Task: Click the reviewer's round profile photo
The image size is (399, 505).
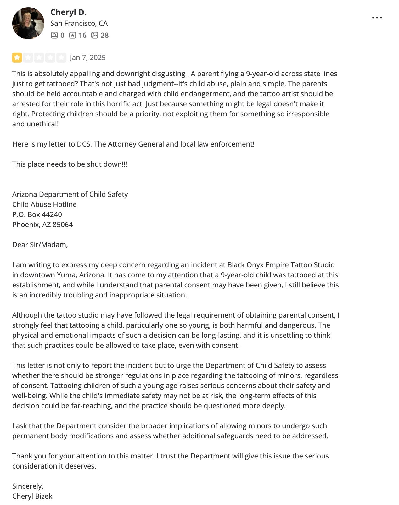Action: [x=28, y=23]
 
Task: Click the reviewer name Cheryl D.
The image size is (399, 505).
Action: [x=68, y=12]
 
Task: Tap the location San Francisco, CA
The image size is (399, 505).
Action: [x=79, y=23]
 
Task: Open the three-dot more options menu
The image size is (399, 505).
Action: [x=377, y=18]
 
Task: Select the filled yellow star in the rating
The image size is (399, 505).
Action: [x=17, y=58]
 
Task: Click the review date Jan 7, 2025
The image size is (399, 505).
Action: [x=88, y=58]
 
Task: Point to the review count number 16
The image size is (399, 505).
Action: [x=82, y=35]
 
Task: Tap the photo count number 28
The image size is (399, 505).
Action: [x=104, y=35]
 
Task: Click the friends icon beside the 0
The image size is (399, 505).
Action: [x=54, y=35]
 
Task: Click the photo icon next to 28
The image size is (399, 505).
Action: [x=95, y=35]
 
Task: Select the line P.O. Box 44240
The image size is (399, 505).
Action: [x=37, y=214]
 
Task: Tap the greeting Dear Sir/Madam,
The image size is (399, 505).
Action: [x=40, y=245]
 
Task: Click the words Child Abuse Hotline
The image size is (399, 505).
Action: [x=44, y=204]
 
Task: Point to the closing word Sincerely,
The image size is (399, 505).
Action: [x=28, y=486]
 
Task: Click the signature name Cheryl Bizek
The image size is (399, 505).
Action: [x=32, y=496]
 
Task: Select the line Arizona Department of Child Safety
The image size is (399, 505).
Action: [x=70, y=194]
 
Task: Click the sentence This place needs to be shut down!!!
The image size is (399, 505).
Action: [x=70, y=164]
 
